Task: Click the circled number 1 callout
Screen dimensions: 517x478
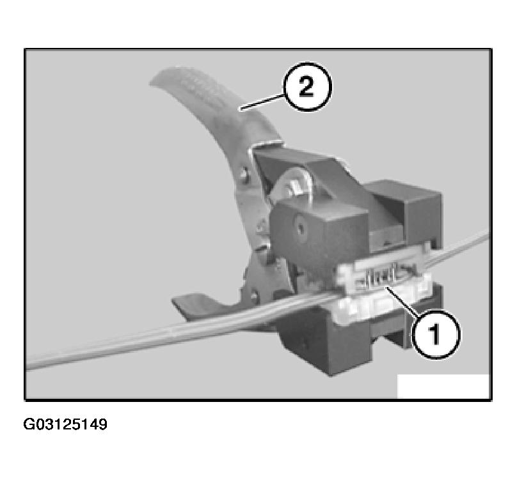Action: click(434, 334)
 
